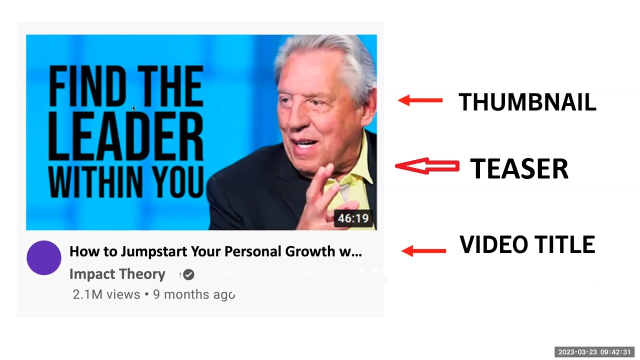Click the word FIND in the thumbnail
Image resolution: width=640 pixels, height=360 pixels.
(87, 85)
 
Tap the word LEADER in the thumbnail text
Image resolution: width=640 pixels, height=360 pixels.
(125, 136)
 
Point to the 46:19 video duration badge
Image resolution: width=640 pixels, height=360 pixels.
(353, 218)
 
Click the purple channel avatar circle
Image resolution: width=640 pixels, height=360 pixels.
(44, 257)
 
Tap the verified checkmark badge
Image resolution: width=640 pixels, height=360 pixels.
(189, 274)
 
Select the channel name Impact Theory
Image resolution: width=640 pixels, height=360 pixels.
(117, 274)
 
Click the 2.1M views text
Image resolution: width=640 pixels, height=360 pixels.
(106, 294)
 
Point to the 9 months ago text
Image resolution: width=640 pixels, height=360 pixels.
(194, 295)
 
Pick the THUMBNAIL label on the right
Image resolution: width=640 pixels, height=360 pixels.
(527, 102)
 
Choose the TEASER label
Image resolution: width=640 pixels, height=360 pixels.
(519, 169)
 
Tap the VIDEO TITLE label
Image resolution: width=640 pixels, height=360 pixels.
(527, 244)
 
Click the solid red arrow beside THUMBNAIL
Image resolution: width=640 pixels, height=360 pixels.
(420, 100)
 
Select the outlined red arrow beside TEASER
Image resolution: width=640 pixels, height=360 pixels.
(427, 166)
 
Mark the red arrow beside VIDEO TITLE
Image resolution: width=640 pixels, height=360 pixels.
(423, 251)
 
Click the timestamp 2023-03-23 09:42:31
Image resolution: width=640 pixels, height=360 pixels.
(594, 352)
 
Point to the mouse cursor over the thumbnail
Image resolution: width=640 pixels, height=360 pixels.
(133, 108)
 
